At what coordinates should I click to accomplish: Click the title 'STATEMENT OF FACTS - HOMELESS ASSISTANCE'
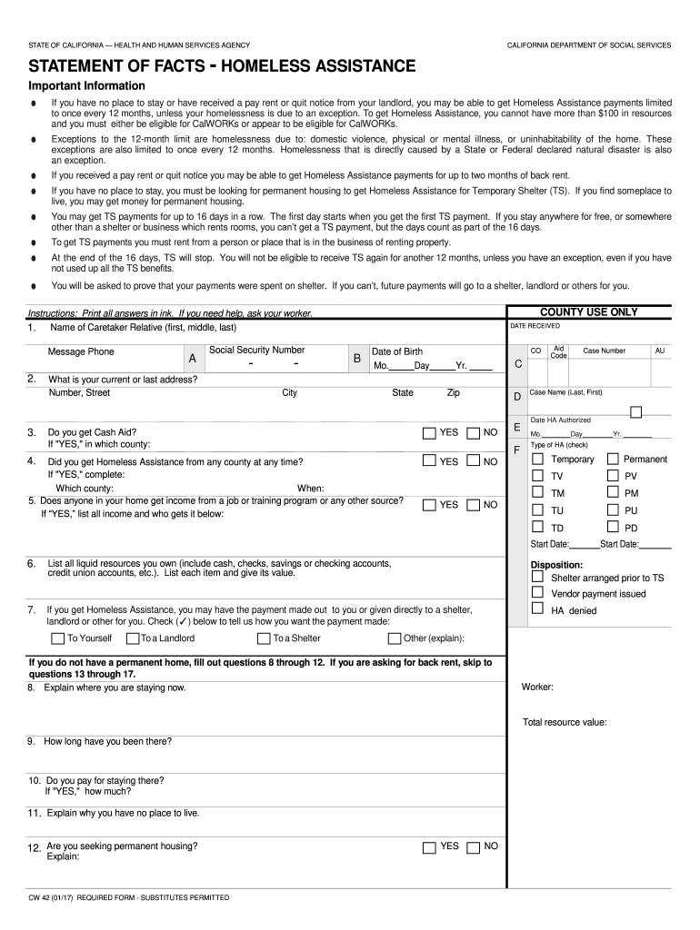pyautogui.click(x=222, y=66)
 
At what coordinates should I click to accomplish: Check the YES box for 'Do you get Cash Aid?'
pyautogui.click(x=429, y=434)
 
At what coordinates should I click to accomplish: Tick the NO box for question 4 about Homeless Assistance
pyautogui.click(x=473, y=461)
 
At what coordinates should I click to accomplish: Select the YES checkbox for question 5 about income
pyautogui.click(x=429, y=505)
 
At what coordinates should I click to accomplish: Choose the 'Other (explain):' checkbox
pyautogui.click(x=395, y=638)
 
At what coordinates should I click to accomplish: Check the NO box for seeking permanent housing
pyautogui.click(x=473, y=847)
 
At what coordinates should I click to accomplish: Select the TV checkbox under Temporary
pyautogui.click(x=537, y=476)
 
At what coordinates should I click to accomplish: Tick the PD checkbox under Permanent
pyautogui.click(x=612, y=528)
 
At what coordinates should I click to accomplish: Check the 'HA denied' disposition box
pyautogui.click(x=537, y=610)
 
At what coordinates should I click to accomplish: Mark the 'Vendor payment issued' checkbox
pyautogui.click(x=537, y=593)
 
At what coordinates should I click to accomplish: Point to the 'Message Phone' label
pyautogui.click(x=81, y=352)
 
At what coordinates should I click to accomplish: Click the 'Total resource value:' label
pyautogui.click(x=565, y=723)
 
